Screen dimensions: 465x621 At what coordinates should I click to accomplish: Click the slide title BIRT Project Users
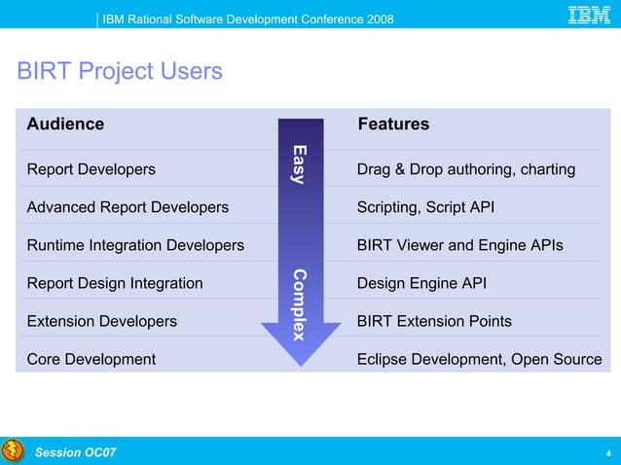(x=119, y=72)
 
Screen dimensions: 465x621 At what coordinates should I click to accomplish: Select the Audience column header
(x=65, y=125)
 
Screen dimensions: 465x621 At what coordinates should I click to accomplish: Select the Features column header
(x=393, y=125)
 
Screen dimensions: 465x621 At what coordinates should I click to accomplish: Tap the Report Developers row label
(x=91, y=169)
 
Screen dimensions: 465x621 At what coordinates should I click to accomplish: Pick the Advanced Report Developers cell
(x=128, y=207)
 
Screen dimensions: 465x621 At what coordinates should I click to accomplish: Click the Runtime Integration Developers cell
(x=135, y=245)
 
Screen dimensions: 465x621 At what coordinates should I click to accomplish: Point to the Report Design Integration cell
(x=115, y=283)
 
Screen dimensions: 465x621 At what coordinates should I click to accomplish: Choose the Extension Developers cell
(x=101, y=321)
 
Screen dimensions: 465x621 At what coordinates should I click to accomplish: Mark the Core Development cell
(x=91, y=359)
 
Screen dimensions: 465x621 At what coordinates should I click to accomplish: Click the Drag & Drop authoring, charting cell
(x=466, y=169)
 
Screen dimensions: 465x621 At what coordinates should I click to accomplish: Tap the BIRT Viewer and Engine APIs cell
(x=459, y=245)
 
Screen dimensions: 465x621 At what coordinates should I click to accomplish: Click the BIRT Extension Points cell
(x=434, y=321)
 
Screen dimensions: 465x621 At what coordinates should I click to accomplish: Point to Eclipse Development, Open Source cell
(x=479, y=359)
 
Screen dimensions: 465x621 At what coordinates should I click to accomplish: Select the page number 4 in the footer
(x=608, y=453)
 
